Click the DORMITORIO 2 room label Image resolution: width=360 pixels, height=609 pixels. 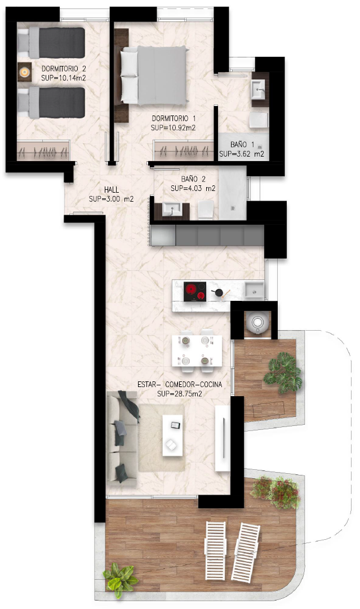(64, 69)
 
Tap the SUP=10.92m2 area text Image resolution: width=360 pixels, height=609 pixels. (173, 127)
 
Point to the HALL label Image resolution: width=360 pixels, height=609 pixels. (112, 190)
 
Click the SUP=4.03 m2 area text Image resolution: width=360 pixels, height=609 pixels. (193, 188)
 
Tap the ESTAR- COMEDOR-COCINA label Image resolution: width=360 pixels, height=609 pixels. (180, 385)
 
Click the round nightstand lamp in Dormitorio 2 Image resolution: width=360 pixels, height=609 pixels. (24, 72)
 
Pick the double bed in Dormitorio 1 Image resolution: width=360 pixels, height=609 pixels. (154, 75)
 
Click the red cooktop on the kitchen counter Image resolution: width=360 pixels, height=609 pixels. (195, 291)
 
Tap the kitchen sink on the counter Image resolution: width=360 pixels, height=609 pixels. (254, 290)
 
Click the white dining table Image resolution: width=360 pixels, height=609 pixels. (197, 351)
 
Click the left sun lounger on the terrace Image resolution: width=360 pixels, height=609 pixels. (216, 551)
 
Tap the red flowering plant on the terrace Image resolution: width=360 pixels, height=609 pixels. (276, 492)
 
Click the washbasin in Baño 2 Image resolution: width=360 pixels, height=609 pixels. (171, 210)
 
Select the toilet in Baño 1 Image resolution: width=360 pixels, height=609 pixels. (259, 121)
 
